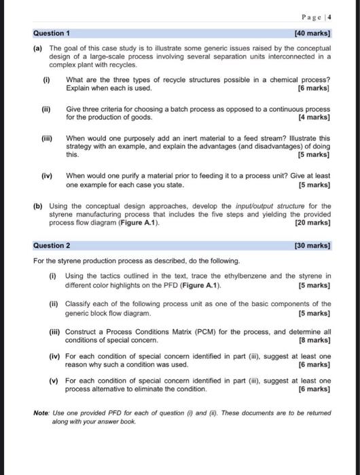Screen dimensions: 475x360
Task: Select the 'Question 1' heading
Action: [x=52, y=33]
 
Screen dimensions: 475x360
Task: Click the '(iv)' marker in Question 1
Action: [x=49, y=175]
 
